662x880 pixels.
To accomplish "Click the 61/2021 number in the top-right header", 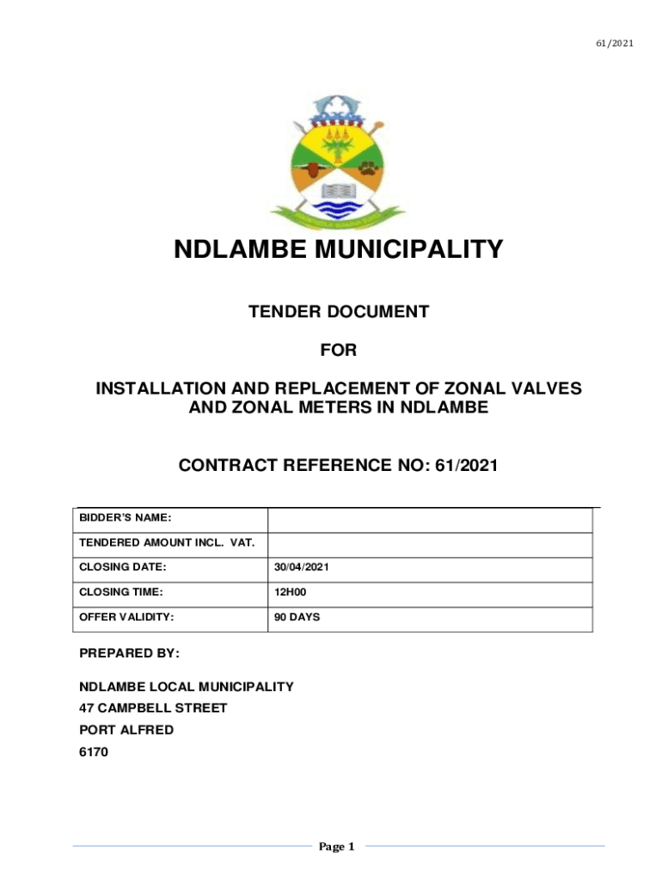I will click(616, 43).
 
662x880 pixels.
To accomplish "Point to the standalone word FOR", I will click(338, 351).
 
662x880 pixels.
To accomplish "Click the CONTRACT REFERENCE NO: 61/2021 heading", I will click(338, 466).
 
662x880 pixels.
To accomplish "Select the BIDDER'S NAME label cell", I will click(126, 518).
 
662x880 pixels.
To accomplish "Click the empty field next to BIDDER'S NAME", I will click(430, 520).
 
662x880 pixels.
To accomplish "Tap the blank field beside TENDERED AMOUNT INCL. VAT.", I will click(430, 544).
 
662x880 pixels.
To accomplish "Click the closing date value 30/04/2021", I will click(302, 568).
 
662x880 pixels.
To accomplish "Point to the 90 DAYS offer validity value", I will click(297, 617).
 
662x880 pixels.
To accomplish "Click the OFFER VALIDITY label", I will click(126, 617).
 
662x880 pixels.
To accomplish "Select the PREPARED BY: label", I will click(129, 654).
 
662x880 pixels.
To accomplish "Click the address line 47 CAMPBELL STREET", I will click(153, 708).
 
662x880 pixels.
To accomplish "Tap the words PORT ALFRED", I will click(126, 730).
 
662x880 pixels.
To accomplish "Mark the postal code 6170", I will click(94, 751).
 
